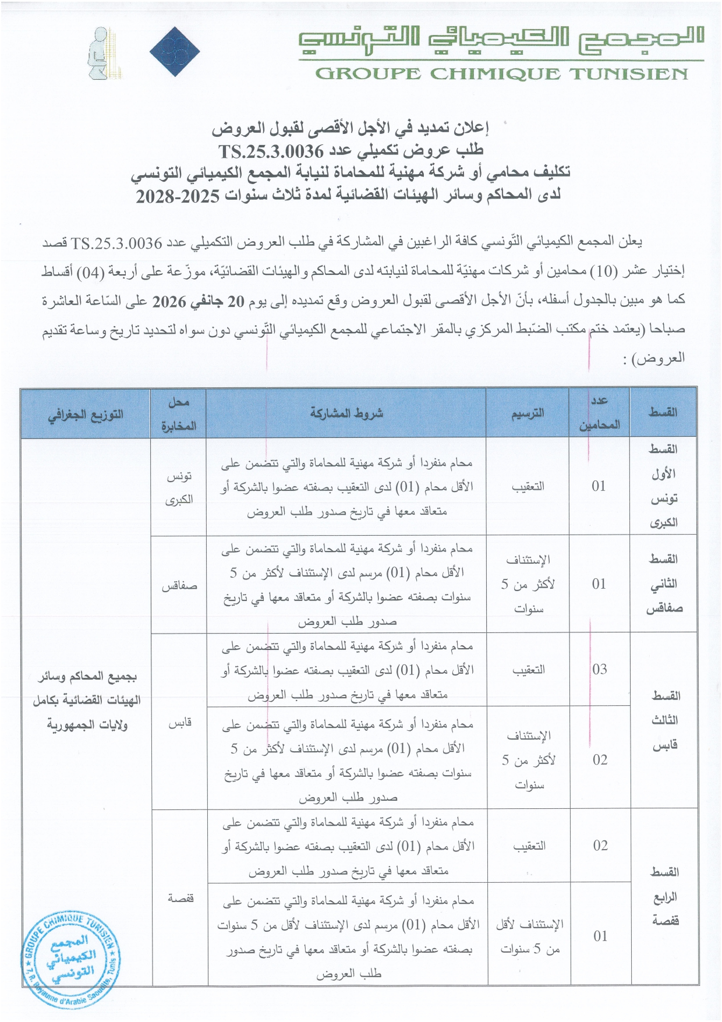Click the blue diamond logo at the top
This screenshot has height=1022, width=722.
[175, 51]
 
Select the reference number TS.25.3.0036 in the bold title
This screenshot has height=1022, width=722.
[271, 151]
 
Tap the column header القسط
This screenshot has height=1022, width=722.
[663, 413]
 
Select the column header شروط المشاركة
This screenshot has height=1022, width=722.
[346, 413]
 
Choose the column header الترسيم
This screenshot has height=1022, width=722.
[528, 413]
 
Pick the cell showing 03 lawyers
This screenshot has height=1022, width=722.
[600, 670]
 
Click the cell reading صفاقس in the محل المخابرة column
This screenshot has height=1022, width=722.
[179, 586]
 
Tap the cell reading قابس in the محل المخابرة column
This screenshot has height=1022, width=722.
[180, 723]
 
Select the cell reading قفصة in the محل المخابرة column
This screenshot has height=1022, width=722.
[180, 898]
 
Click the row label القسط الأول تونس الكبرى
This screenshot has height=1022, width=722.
[663, 486]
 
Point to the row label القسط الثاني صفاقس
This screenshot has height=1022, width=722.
[664, 584]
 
